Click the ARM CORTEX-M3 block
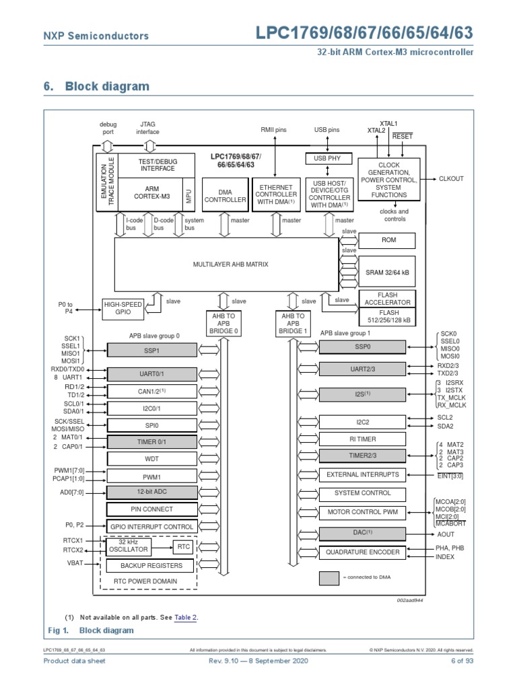pos(151,192)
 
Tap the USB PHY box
pos(327,159)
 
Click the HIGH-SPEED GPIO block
pos(122,308)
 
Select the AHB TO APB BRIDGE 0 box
pos(221,324)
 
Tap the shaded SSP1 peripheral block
pos(151,350)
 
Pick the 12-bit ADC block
pos(151,492)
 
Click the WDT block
pos(151,460)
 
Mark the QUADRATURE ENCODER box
pos(362,552)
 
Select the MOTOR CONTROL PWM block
pos(362,513)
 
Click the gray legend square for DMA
pos(329,578)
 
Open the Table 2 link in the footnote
pos(186,617)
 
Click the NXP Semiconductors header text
pos(96,36)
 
